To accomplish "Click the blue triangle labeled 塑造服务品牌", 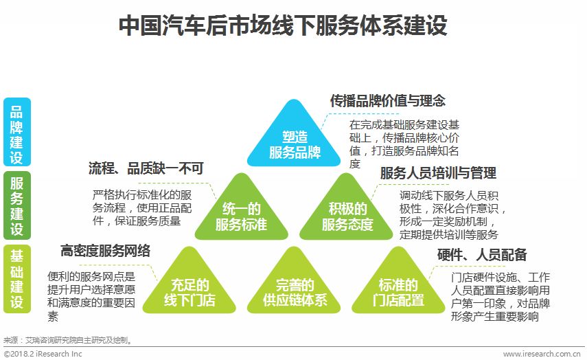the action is point(295,141).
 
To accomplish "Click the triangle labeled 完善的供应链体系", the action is point(295,289).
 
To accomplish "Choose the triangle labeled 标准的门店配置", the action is point(398,289).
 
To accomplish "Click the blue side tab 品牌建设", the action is point(16,133).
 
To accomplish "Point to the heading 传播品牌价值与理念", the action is point(388,101).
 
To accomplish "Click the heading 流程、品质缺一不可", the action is point(146,168).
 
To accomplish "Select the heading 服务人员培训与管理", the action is point(438,173).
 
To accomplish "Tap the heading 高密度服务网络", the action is point(105,251).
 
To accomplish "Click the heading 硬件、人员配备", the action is point(482,256).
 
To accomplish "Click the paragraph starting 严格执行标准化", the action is point(137,207).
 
